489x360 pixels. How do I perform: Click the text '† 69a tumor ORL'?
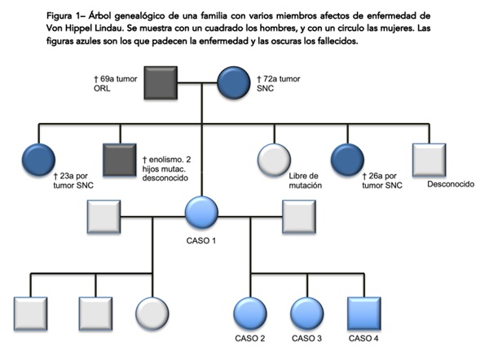119,83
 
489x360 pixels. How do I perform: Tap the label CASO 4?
363,337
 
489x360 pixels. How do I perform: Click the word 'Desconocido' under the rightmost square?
452,182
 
